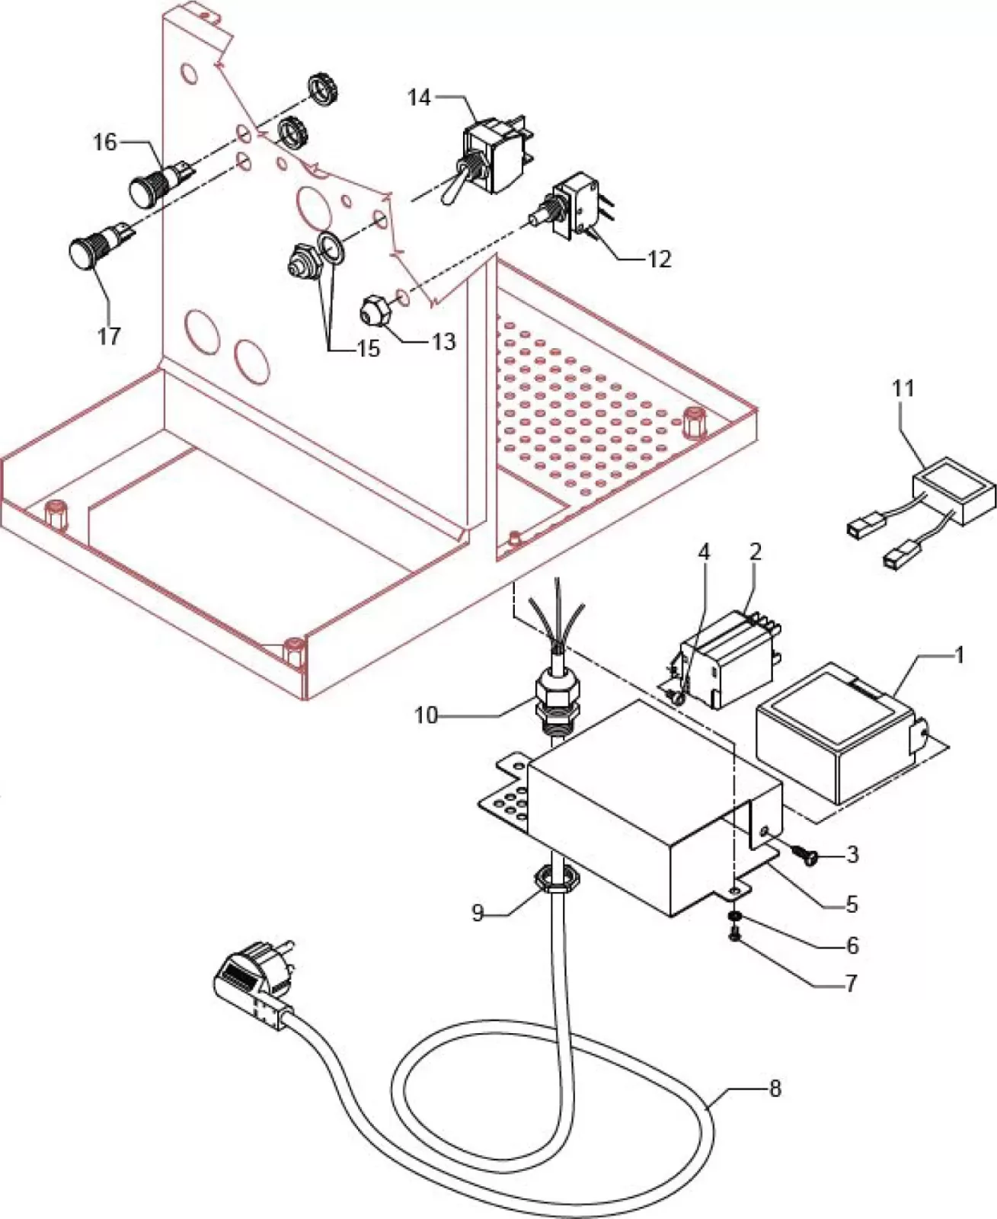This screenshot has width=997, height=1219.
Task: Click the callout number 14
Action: click(x=418, y=98)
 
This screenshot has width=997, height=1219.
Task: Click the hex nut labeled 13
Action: click(x=370, y=311)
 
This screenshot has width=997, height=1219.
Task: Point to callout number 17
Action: click(x=108, y=335)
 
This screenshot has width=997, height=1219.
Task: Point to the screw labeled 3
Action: click(x=804, y=855)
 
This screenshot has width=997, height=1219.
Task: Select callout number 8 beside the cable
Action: click(x=775, y=1089)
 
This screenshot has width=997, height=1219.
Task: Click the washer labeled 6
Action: click(x=734, y=915)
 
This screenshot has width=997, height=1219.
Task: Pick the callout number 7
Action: click(x=851, y=983)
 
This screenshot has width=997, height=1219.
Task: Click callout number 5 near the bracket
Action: click(x=851, y=904)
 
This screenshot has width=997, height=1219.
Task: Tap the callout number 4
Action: click(x=704, y=552)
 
